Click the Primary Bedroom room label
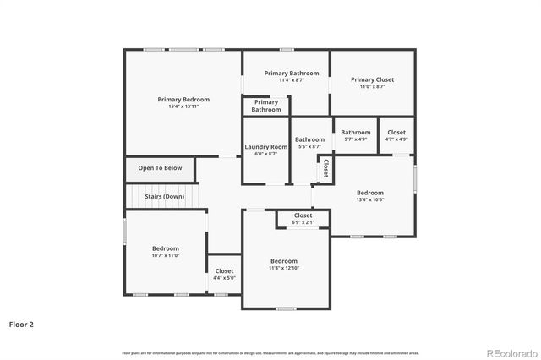tap(183, 100)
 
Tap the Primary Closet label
tap(372, 79)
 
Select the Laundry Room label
tap(266, 147)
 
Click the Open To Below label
tap(160, 168)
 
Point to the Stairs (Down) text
tap(164, 196)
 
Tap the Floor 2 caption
tap(21, 324)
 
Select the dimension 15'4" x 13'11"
tap(183, 106)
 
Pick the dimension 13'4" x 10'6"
tap(369, 200)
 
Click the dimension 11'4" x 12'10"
tap(284, 268)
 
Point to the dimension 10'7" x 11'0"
tap(166, 255)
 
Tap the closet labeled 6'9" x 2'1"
tap(303, 222)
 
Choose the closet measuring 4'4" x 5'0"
tap(224, 278)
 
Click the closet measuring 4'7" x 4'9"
tap(396, 139)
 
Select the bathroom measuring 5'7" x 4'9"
tap(355, 139)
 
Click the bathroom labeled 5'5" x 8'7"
tap(309, 147)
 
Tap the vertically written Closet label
tap(325, 169)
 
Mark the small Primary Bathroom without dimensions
tap(265, 106)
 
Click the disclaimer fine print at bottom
tap(270, 352)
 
